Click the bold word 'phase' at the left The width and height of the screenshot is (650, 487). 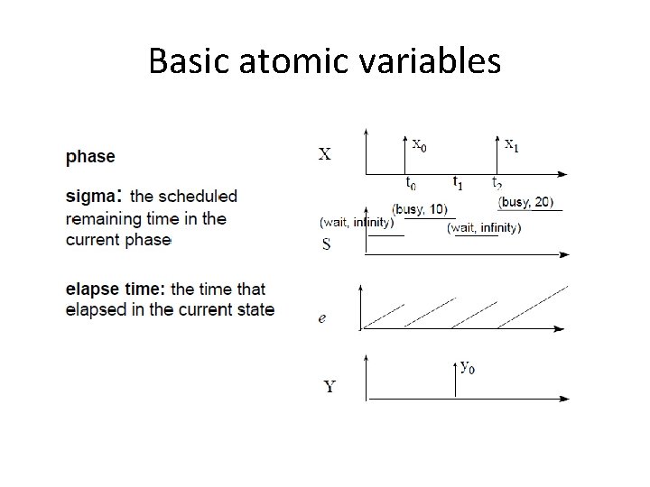[90, 157]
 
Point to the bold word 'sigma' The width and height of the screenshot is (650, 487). [91, 196]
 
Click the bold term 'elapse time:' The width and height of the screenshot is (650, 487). [116, 289]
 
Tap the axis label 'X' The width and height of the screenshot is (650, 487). [325, 154]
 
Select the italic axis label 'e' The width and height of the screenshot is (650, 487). [323, 318]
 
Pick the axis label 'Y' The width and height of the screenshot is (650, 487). [329, 388]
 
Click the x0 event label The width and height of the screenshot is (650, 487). [420, 142]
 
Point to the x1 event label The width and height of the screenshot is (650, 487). [511, 142]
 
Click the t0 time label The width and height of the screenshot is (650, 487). [410, 184]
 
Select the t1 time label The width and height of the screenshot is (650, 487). [457, 183]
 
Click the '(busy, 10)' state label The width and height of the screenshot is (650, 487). [420, 209]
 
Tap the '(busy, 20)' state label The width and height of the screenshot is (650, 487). [527, 202]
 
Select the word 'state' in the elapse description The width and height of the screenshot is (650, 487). [254, 311]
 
